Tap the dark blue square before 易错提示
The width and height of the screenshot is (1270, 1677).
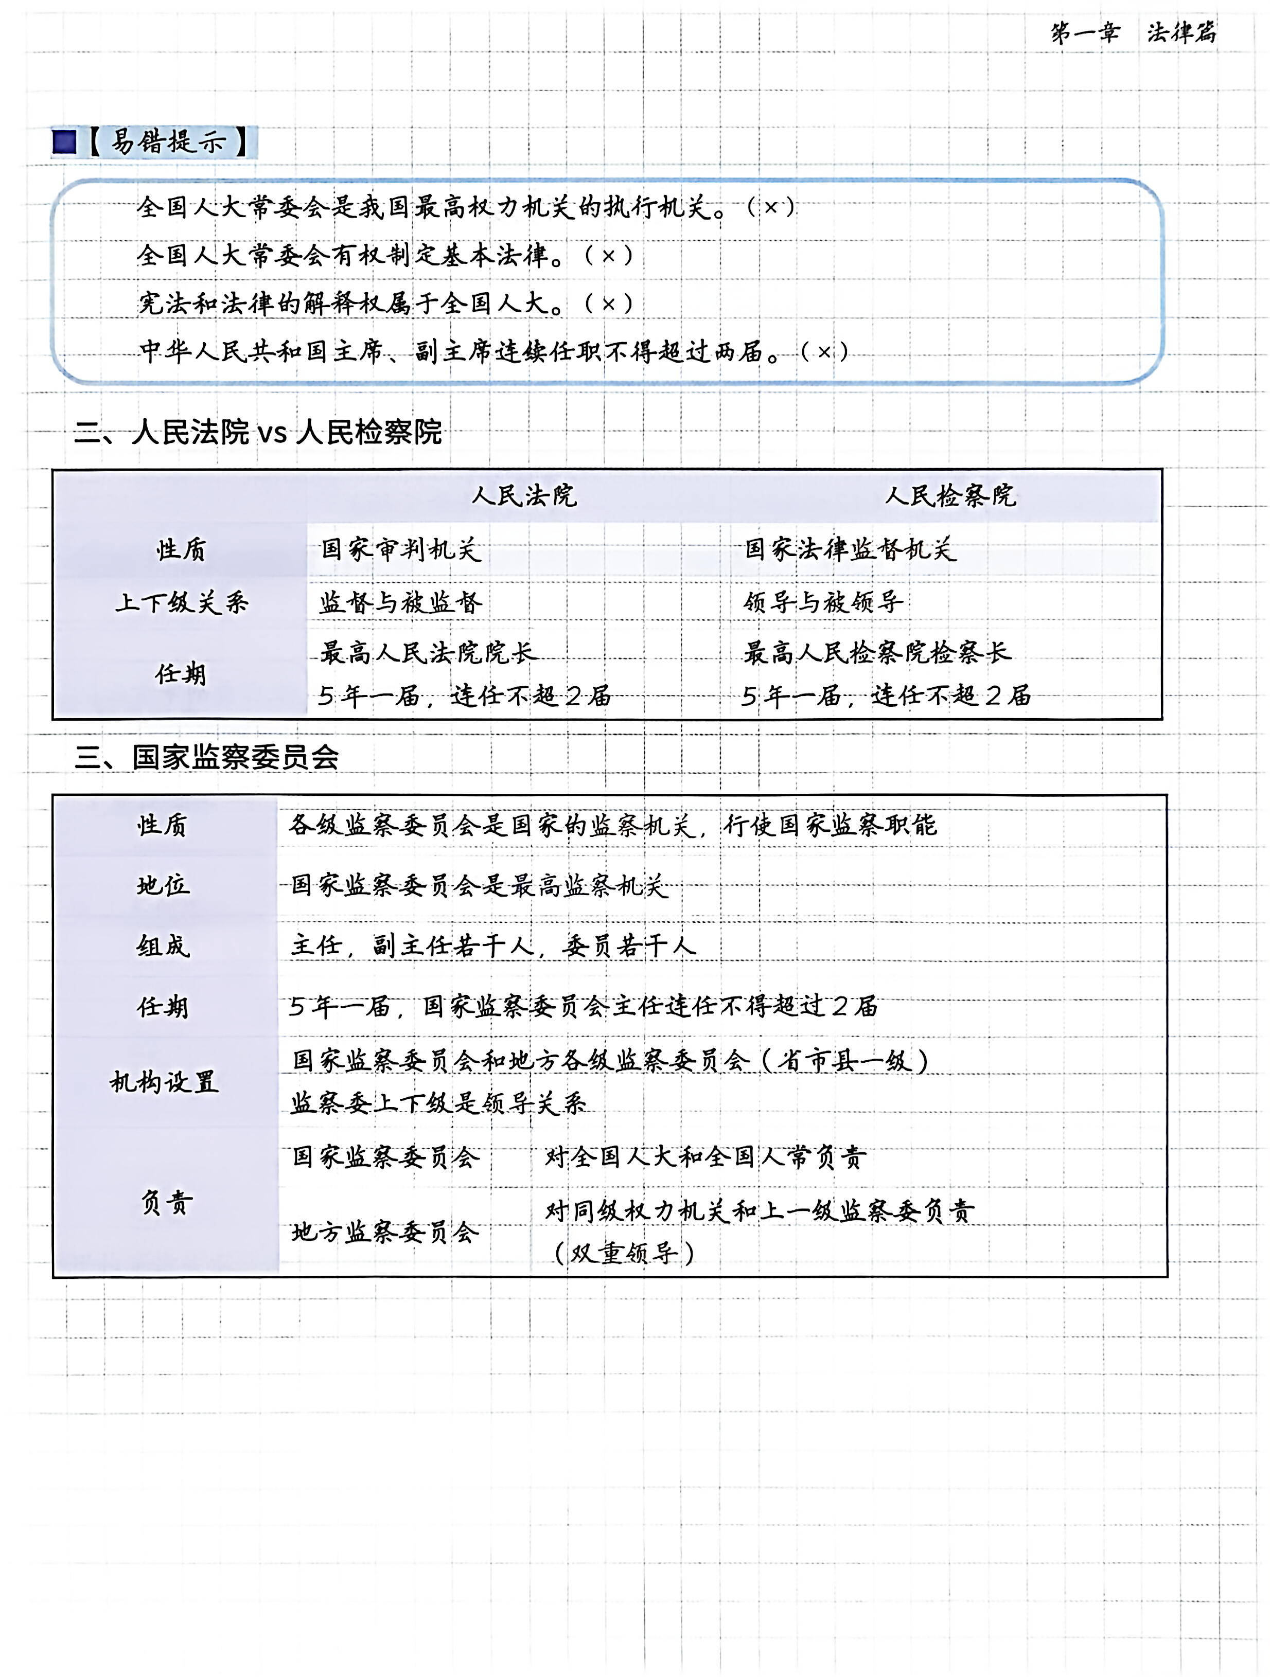(65, 142)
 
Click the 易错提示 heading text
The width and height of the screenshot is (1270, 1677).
(168, 142)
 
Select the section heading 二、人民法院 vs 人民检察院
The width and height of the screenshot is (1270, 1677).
(258, 432)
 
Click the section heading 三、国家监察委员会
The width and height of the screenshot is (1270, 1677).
(206, 757)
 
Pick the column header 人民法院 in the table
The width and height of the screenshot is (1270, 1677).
(523, 496)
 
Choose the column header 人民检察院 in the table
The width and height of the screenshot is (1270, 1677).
(950, 496)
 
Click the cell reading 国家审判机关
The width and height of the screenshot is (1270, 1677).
(400, 549)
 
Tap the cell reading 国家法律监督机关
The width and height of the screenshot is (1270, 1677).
(849, 549)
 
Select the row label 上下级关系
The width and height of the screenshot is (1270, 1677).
(182, 603)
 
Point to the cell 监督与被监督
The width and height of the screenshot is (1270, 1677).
(400, 603)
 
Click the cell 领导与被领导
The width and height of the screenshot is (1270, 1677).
(823, 603)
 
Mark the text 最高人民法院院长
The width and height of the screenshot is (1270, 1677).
(428, 652)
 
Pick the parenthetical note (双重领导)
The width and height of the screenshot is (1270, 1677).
(624, 1253)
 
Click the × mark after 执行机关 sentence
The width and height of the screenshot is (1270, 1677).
(770, 206)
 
